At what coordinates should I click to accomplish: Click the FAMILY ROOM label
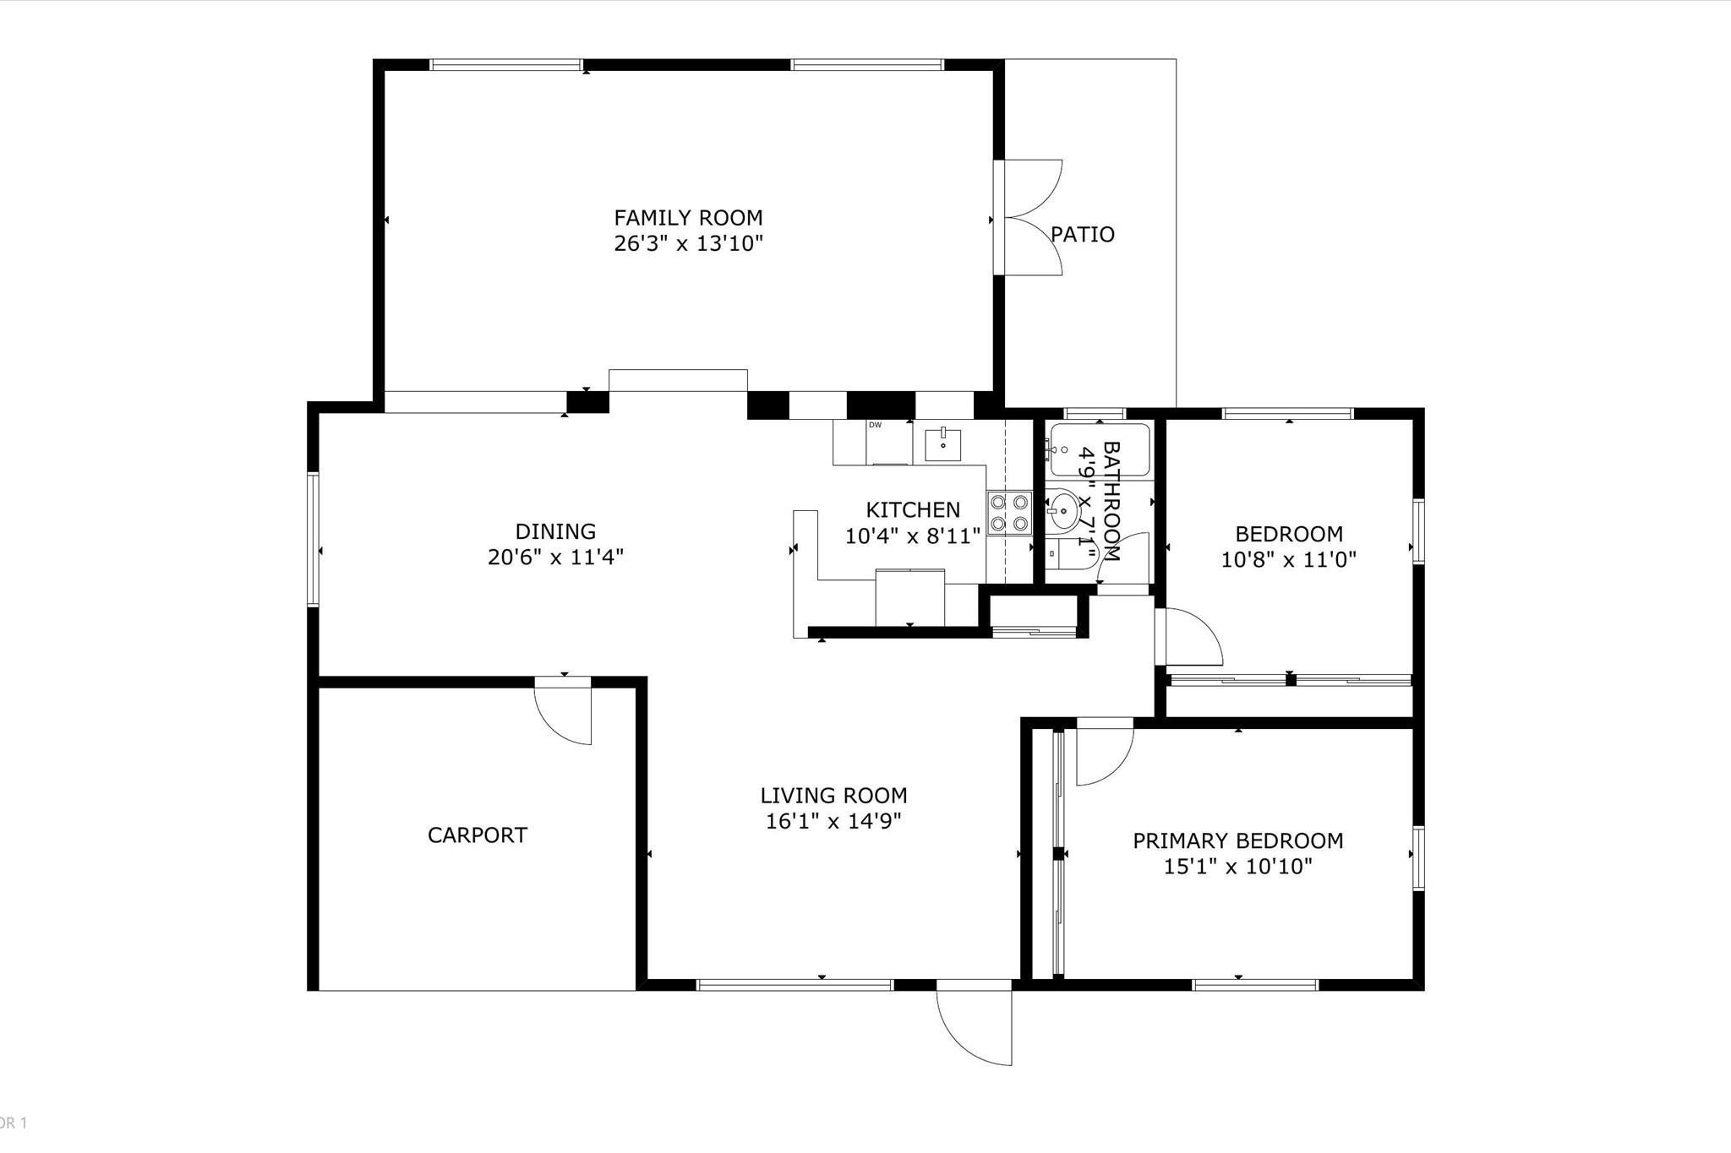[x=688, y=218]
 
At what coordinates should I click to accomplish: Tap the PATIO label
[x=1083, y=235]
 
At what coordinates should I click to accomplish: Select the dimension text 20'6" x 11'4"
[x=555, y=557]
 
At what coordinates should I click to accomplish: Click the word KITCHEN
[x=913, y=510]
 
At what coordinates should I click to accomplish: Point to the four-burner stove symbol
[x=1009, y=512]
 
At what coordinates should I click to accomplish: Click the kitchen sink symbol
[x=942, y=444]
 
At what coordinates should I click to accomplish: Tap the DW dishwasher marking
[x=876, y=425]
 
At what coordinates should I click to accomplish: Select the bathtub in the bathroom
[x=1100, y=451]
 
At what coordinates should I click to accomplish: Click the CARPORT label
[x=477, y=835]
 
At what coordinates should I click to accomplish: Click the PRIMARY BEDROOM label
[x=1237, y=841]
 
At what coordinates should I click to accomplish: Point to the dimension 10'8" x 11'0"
[x=1288, y=559]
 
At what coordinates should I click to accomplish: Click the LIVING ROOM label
[x=833, y=796]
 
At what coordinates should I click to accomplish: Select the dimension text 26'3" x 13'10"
[x=688, y=244]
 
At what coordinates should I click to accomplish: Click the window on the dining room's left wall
[x=313, y=539]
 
